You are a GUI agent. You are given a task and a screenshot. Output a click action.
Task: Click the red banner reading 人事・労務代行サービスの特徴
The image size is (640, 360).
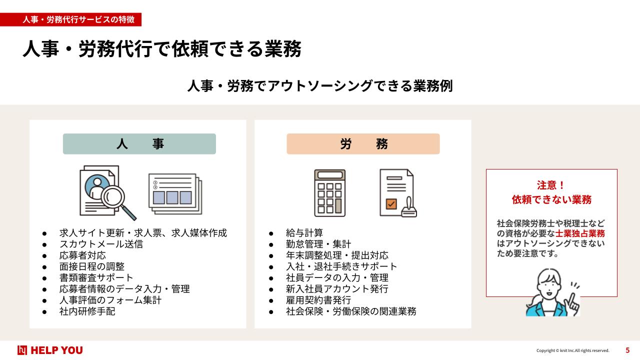70,19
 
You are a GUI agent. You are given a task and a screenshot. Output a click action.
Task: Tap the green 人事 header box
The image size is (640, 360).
139,143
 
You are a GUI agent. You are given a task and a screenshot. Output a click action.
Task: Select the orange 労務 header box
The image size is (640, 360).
363,143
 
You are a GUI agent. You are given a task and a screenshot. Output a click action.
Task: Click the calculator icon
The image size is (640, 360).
329,193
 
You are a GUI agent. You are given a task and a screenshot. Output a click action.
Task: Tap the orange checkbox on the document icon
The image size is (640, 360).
391,203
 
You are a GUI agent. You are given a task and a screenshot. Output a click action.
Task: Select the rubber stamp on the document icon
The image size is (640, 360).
409,207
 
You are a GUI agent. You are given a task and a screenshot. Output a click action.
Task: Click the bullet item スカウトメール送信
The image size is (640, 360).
101,244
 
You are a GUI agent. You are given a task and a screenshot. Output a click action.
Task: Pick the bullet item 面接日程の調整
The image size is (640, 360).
92,266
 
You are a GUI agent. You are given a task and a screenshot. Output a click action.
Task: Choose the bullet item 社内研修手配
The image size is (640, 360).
87,311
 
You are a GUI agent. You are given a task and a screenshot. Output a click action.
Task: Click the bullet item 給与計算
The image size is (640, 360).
304,233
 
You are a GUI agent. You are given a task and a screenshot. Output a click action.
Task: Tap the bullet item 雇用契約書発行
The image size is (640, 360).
318,300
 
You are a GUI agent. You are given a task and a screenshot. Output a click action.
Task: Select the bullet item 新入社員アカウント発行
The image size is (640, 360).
337,289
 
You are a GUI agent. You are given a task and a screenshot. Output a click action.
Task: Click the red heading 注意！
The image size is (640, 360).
551,185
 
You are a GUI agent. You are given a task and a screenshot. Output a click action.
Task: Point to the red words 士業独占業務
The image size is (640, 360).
580,233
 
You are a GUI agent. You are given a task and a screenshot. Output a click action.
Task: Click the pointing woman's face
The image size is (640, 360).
548,286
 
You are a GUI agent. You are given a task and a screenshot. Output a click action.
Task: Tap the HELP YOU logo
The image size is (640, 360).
50,350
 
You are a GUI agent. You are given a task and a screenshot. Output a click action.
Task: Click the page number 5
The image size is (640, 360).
627,350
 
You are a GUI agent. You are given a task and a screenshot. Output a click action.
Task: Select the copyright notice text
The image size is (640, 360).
573,350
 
